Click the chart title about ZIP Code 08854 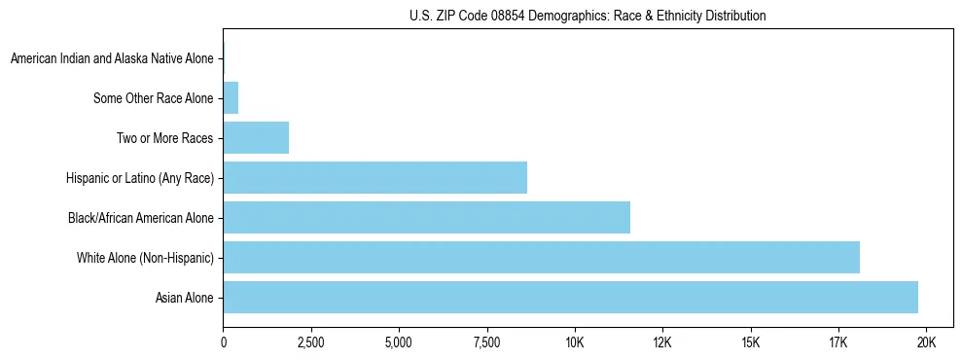pyautogui.click(x=588, y=17)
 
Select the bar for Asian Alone pyautogui.click(x=570, y=298)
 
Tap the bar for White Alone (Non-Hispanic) pyautogui.click(x=541, y=258)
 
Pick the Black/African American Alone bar pyautogui.click(x=426, y=218)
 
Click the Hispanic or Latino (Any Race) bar pyautogui.click(x=374, y=178)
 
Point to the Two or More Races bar pyautogui.click(x=256, y=138)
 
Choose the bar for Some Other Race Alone pyautogui.click(x=231, y=98)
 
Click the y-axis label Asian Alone pyautogui.click(x=184, y=298)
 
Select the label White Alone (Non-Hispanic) pyautogui.click(x=145, y=258)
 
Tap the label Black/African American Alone pyautogui.click(x=140, y=218)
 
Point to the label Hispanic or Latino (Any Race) pyautogui.click(x=139, y=178)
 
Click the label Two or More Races pyautogui.click(x=164, y=138)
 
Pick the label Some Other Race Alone pyautogui.click(x=153, y=98)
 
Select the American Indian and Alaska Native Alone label pyautogui.click(x=111, y=58)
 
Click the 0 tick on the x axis pyautogui.click(x=223, y=342)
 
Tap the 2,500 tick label pyautogui.click(x=310, y=342)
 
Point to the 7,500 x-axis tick pyautogui.click(x=486, y=342)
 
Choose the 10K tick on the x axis pyautogui.click(x=574, y=342)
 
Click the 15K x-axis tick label pyautogui.click(x=750, y=342)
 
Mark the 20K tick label pyautogui.click(x=926, y=342)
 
